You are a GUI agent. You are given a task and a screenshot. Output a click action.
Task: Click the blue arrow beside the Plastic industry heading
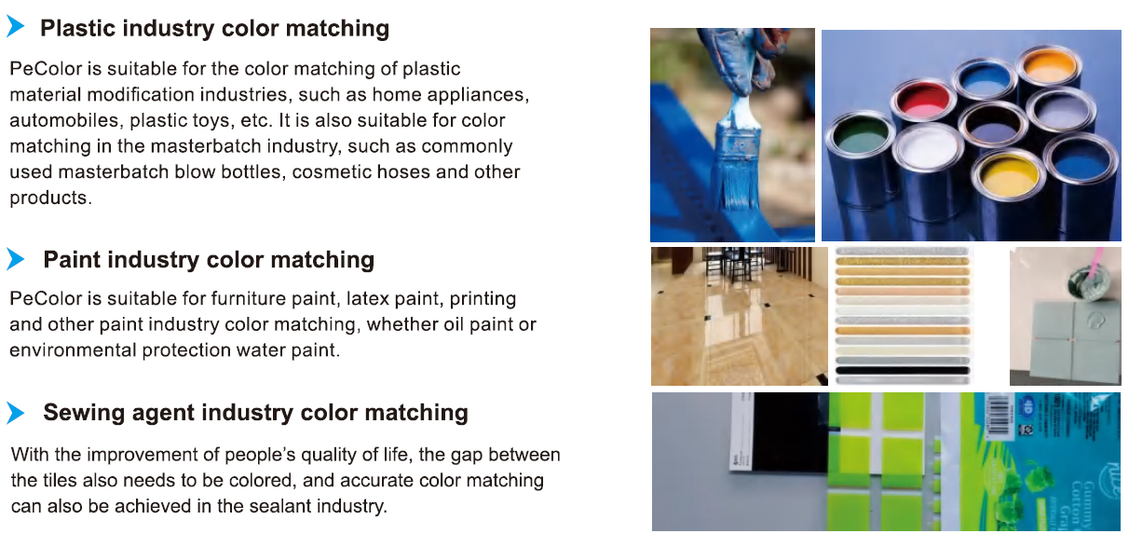tap(15, 28)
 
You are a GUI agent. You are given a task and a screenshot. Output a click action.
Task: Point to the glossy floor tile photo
tap(739, 316)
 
